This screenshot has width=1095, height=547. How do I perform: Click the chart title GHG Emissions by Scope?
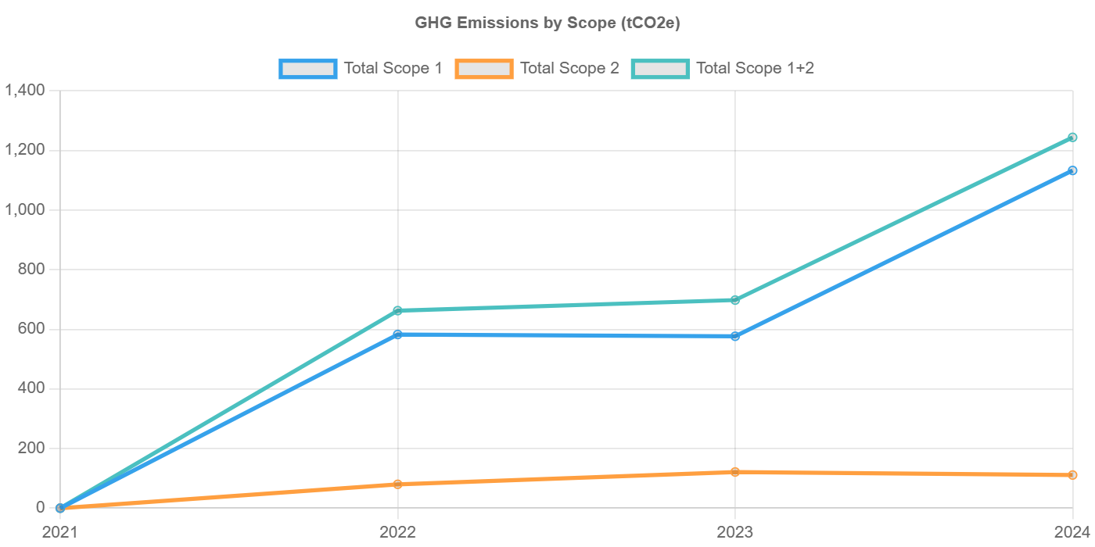coord(547,23)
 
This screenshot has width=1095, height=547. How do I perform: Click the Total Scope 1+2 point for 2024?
coord(1072,138)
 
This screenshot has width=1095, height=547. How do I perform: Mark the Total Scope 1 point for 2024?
coord(1072,170)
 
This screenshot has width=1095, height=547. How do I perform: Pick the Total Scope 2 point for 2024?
coord(1072,475)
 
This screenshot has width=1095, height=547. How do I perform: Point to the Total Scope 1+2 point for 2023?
coord(735,300)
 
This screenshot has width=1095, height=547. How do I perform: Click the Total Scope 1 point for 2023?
coord(735,337)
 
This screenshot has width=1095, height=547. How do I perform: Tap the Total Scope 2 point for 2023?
coord(735,472)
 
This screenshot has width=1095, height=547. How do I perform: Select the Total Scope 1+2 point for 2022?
coord(397,310)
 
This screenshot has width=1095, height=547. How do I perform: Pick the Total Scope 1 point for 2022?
coord(397,334)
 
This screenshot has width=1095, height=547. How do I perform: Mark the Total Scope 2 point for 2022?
coord(397,484)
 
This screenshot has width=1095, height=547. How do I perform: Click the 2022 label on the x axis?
coord(397,532)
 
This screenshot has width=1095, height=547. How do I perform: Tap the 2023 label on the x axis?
coord(735,532)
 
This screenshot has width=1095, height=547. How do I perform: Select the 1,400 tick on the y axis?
coord(25,91)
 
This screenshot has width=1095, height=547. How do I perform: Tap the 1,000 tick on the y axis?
coord(25,209)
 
